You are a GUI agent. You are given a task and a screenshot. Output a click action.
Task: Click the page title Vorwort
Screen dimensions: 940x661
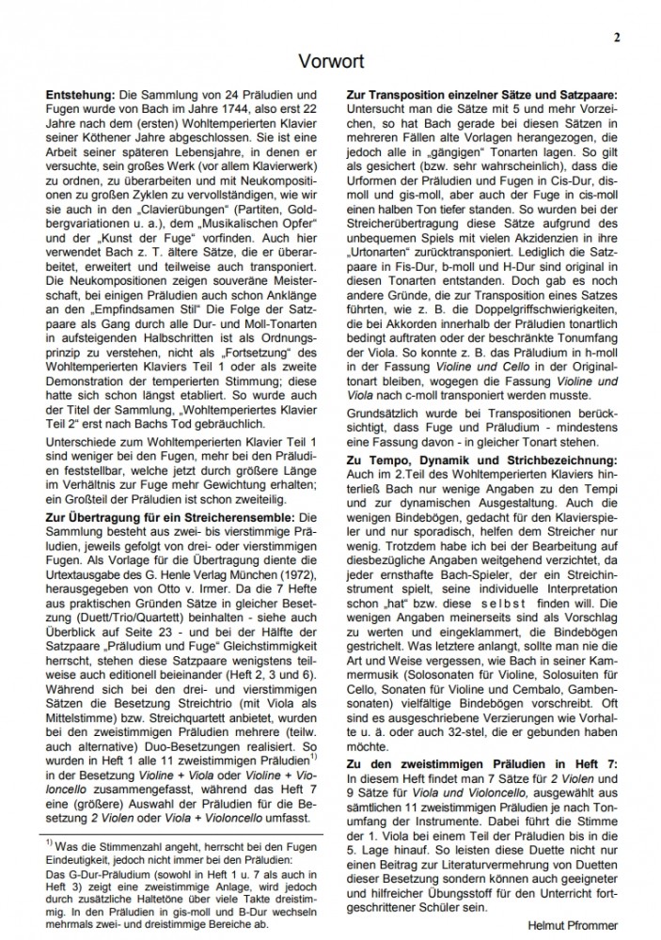pyautogui.click(x=331, y=62)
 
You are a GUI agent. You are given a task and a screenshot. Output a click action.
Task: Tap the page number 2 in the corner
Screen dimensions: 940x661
pyautogui.click(x=617, y=38)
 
